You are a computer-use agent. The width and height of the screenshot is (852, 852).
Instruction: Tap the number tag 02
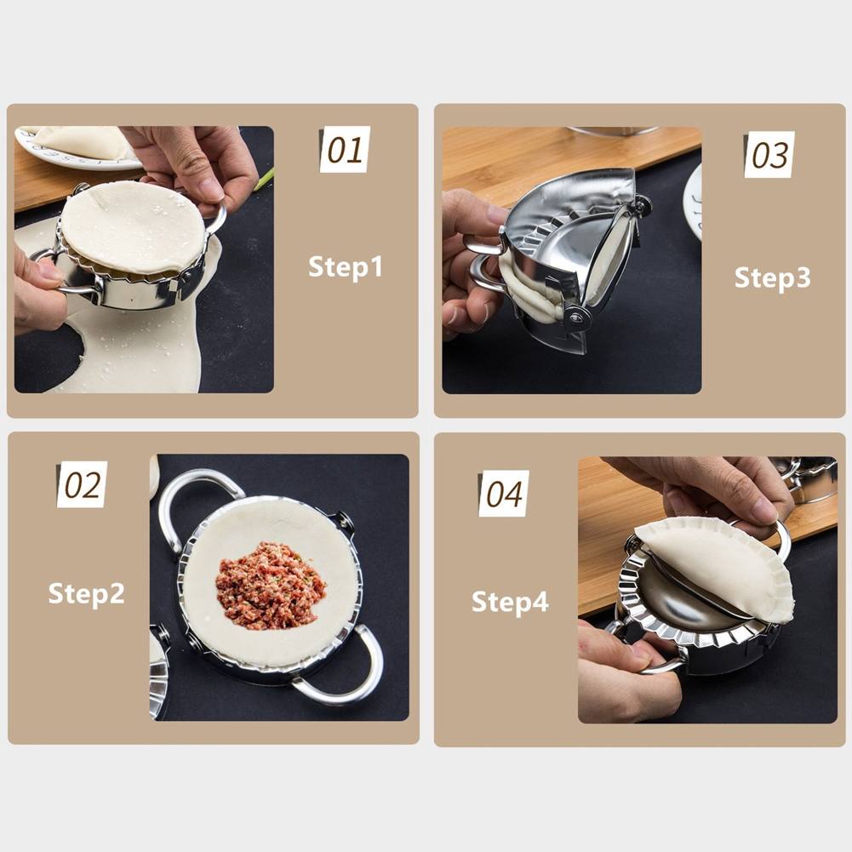tap(83, 484)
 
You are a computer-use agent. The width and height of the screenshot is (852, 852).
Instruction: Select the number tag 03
tap(769, 155)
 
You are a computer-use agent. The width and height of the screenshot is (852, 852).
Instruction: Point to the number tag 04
tap(503, 494)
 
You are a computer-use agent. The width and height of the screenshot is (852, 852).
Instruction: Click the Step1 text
tap(346, 266)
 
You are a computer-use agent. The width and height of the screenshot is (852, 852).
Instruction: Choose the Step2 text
tap(86, 593)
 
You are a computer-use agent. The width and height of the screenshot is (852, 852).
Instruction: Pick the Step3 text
tap(772, 277)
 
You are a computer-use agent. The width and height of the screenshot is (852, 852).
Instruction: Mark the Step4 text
tap(510, 602)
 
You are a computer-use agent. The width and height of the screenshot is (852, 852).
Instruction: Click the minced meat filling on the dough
tap(270, 585)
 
